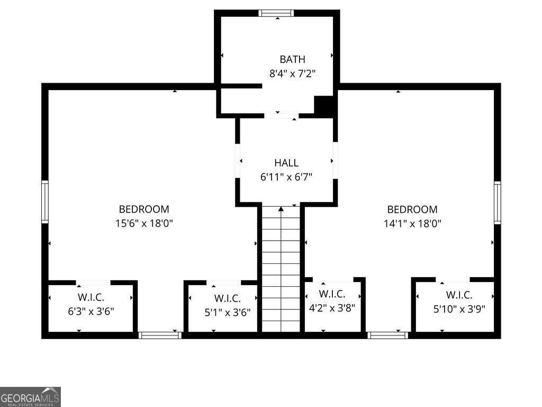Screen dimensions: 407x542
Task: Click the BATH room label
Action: coord(292,59)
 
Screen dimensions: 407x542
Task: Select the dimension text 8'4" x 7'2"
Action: coord(292,74)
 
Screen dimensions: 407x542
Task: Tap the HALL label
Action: coord(286,163)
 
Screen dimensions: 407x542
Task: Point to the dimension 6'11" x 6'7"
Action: coord(286,177)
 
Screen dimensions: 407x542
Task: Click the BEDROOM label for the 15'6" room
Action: coord(144,209)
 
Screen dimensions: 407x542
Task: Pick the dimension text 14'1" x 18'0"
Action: coord(412,224)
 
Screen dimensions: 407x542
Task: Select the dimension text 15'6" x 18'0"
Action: coord(144,224)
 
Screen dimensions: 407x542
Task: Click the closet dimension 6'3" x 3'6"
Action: coord(91,311)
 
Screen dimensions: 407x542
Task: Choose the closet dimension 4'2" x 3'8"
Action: coord(332,307)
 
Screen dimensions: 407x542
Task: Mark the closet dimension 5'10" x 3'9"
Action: coord(459,309)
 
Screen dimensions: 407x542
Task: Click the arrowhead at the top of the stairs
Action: coord(281,209)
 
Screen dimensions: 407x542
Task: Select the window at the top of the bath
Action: coord(276,13)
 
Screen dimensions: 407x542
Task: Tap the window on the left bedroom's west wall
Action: coord(45,201)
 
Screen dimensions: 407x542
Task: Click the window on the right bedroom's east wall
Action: coord(498,202)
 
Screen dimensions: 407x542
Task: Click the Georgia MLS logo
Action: coord(31,396)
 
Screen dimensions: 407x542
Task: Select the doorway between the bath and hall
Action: coord(281,116)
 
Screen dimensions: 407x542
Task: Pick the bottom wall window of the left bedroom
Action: coord(160,335)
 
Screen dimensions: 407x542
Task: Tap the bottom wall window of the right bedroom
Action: coord(388,335)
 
